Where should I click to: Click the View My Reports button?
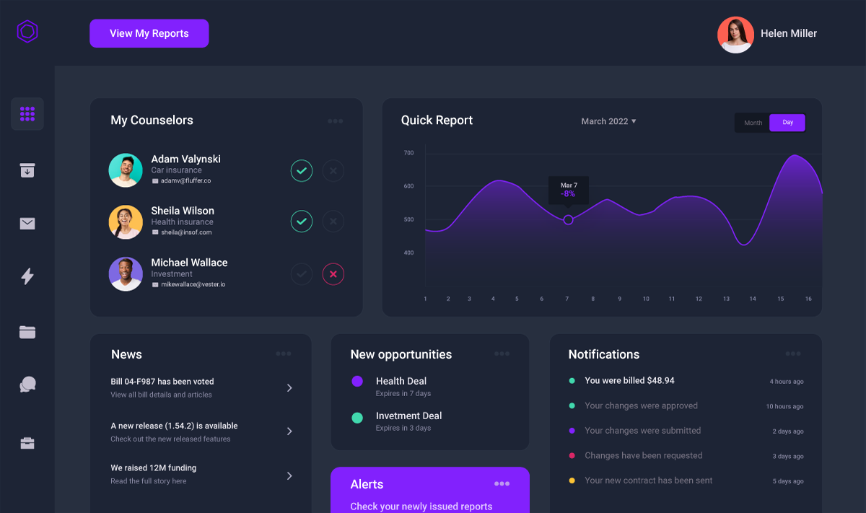click(149, 33)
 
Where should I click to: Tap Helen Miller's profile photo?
click(735, 35)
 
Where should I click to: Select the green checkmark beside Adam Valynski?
click(302, 171)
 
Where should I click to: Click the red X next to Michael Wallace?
click(333, 274)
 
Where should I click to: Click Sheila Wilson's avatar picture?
click(126, 222)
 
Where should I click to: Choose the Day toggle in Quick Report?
click(787, 123)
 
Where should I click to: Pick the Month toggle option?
click(753, 123)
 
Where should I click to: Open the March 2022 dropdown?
click(608, 121)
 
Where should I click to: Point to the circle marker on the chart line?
click(568, 219)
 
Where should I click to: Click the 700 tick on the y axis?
click(408, 153)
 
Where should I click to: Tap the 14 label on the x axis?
click(753, 299)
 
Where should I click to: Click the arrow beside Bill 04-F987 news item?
click(289, 387)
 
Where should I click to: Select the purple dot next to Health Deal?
click(357, 381)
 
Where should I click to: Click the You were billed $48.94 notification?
click(629, 380)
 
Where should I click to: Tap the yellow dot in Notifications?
click(572, 481)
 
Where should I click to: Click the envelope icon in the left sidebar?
click(27, 224)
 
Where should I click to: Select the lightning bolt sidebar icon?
click(27, 276)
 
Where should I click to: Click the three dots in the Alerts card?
click(502, 484)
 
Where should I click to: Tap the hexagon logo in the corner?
click(27, 32)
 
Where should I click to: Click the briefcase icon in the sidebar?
click(27, 443)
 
